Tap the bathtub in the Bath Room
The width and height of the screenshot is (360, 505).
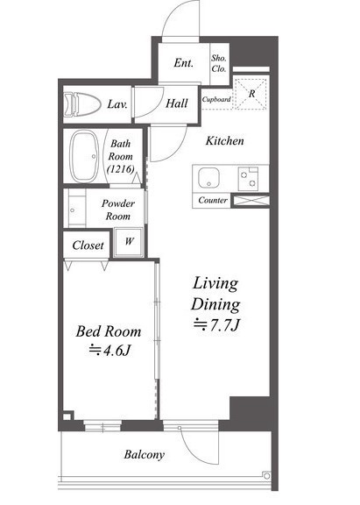(x=84, y=156)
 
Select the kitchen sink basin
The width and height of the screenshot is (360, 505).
(x=208, y=178)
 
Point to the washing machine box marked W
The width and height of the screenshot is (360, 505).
(x=129, y=242)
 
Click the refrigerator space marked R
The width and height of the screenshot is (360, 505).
(x=251, y=94)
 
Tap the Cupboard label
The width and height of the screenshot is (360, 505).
(x=216, y=100)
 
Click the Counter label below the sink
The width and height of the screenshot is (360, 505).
(x=213, y=200)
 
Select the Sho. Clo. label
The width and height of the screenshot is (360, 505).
(x=219, y=63)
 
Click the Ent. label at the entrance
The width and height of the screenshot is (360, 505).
(x=184, y=63)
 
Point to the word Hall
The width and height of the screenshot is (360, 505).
(x=177, y=103)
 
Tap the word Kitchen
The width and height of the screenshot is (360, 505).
(x=224, y=141)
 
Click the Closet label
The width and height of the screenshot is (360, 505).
(x=88, y=245)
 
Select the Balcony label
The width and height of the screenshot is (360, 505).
(x=145, y=454)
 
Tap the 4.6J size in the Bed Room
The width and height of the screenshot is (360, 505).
(x=109, y=350)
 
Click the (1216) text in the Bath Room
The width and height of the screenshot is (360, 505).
(x=120, y=168)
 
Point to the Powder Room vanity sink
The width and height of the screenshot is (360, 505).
(x=76, y=209)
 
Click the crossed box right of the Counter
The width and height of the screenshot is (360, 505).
(x=251, y=200)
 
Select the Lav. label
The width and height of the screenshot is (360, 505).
(x=117, y=104)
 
